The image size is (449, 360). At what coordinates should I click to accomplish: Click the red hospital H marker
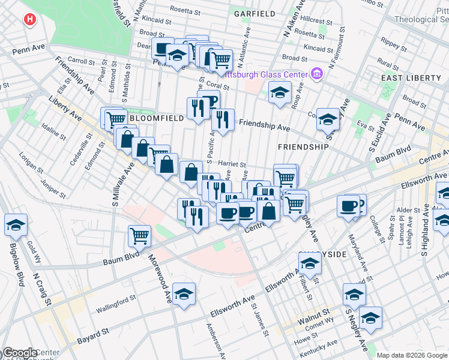[29, 20]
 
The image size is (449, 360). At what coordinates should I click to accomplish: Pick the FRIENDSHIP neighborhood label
[303, 146]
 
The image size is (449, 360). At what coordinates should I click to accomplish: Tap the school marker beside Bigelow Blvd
[16, 225]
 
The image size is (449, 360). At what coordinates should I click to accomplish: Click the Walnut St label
[316, 313]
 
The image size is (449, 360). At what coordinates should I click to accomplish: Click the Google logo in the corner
[19, 353]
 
